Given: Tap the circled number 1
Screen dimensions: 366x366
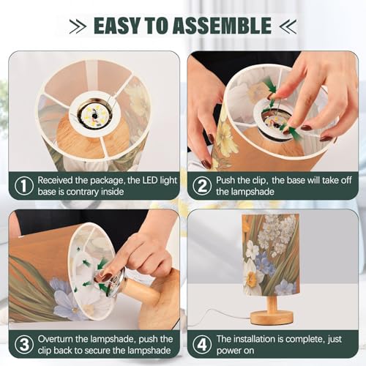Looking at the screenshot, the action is (x=24, y=186).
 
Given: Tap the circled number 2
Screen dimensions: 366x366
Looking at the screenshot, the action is (x=202, y=186).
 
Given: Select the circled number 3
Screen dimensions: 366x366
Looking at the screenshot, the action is (x=24, y=345).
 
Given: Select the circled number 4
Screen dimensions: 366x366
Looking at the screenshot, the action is (x=202, y=345).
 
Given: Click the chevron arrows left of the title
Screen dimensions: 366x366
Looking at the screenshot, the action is (x=78, y=26).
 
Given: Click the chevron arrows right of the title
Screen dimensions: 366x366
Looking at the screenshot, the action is (x=288, y=26).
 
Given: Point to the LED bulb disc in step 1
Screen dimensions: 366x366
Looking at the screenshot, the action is (x=94, y=115).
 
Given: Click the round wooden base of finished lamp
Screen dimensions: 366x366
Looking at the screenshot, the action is (x=272, y=318).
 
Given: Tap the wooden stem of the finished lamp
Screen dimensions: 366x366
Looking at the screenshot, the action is (x=272, y=303).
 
